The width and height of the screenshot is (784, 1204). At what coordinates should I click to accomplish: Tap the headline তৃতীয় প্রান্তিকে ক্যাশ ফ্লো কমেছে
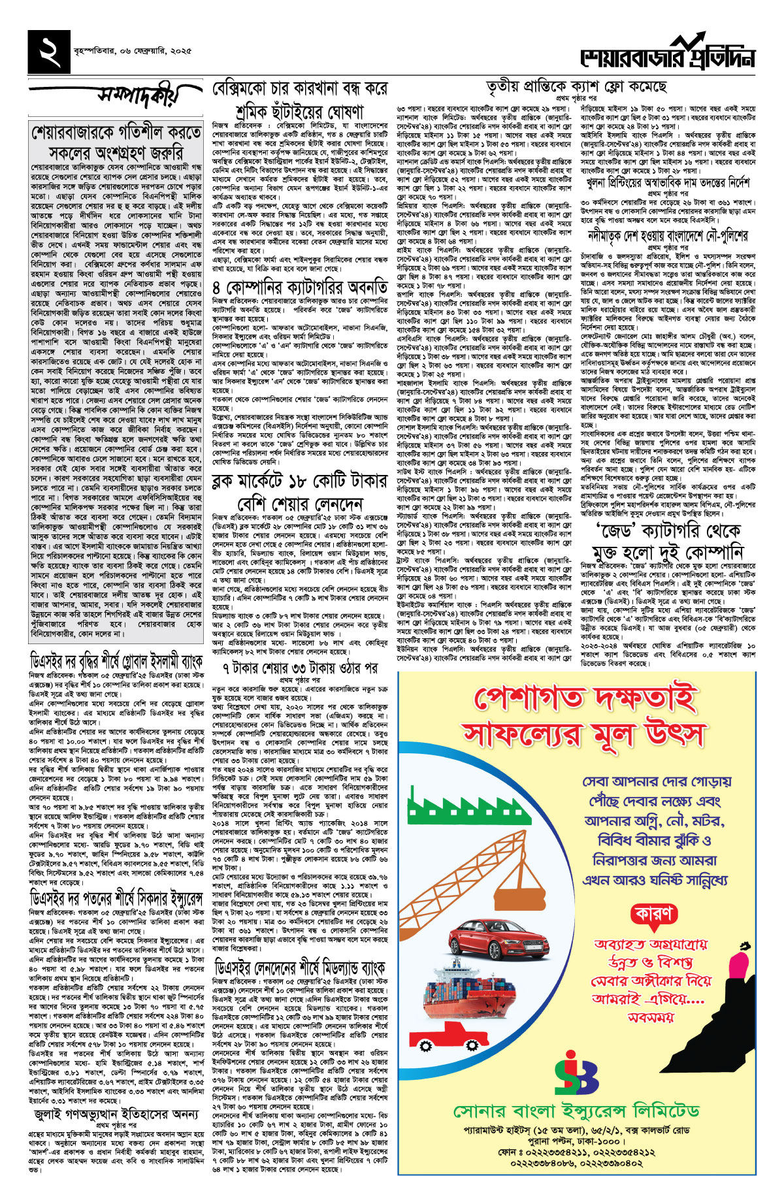point(576,87)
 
